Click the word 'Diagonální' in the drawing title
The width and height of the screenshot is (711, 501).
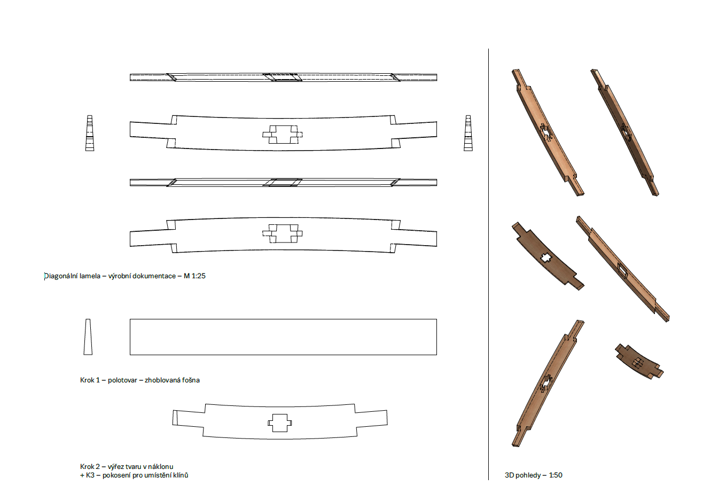[60, 276]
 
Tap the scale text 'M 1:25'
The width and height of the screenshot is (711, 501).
[194, 276]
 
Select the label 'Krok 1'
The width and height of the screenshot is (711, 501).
[90, 380]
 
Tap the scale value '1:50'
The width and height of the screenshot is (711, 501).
[556, 475]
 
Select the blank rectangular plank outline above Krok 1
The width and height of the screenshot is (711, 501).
[283, 337]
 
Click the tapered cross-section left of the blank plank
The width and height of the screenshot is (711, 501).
[88, 337]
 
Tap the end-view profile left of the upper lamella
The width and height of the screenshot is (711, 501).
[90, 133]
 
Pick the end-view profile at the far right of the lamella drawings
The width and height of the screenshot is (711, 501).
[468, 133]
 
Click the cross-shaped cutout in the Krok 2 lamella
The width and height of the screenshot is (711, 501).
[280, 423]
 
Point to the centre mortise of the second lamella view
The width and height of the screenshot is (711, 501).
[283, 134]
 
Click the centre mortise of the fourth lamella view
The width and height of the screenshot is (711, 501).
[283, 234]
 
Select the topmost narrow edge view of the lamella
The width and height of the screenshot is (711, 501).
[283, 77]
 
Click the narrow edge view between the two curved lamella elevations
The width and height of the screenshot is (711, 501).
[283, 183]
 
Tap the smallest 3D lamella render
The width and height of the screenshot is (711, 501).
[639, 361]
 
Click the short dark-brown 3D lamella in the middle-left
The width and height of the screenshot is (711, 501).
[548, 256]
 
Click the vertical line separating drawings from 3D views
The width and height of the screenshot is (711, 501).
[488, 264]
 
